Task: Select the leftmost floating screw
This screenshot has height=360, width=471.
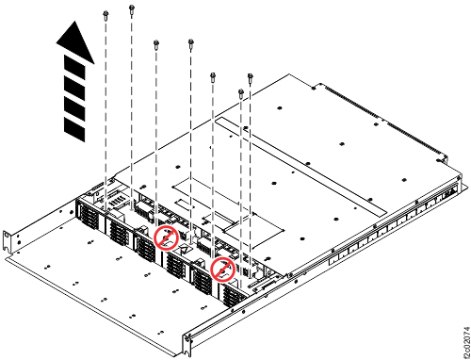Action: [x=106, y=13]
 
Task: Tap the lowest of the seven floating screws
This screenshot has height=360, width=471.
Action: [x=241, y=91]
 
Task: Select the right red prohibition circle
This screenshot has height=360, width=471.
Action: [x=222, y=270]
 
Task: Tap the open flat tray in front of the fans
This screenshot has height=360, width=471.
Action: [x=94, y=283]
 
